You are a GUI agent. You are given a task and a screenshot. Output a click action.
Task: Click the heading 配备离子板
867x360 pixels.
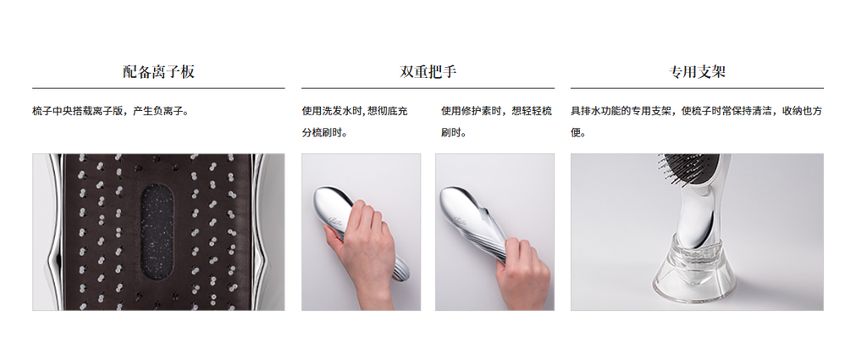[158, 71]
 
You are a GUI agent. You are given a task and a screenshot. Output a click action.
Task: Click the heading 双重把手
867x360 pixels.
[428, 71]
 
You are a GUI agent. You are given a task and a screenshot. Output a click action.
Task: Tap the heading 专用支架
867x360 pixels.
[697, 71]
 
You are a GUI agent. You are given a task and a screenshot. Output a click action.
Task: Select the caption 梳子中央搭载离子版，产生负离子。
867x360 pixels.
[111, 111]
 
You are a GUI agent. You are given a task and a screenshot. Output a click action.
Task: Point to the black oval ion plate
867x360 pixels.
[157, 232]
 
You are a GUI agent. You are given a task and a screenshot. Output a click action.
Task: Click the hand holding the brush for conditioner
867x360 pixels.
[522, 271]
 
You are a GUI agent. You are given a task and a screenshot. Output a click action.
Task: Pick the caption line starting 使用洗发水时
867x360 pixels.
[355, 111]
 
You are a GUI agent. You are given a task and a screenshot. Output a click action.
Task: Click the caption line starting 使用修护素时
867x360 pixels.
[496, 111]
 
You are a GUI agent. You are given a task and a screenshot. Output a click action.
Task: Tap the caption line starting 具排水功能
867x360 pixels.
[697, 111]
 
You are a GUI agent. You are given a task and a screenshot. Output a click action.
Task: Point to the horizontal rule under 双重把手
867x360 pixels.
[428, 88]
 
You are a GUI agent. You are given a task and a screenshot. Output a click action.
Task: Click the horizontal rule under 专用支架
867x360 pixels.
[697, 88]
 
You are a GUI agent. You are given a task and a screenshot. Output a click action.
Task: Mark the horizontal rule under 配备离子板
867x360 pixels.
[158, 88]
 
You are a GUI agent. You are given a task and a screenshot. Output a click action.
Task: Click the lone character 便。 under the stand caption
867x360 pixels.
[578, 133]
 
